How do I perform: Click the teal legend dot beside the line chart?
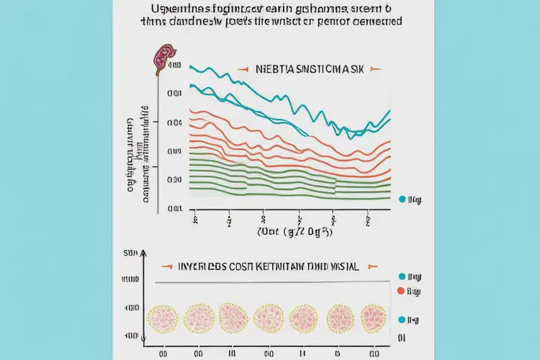click(x=402, y=197)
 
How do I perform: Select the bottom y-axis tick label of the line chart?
click(x=174, y=209)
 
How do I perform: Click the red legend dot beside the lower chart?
click(x=402, y=291)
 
